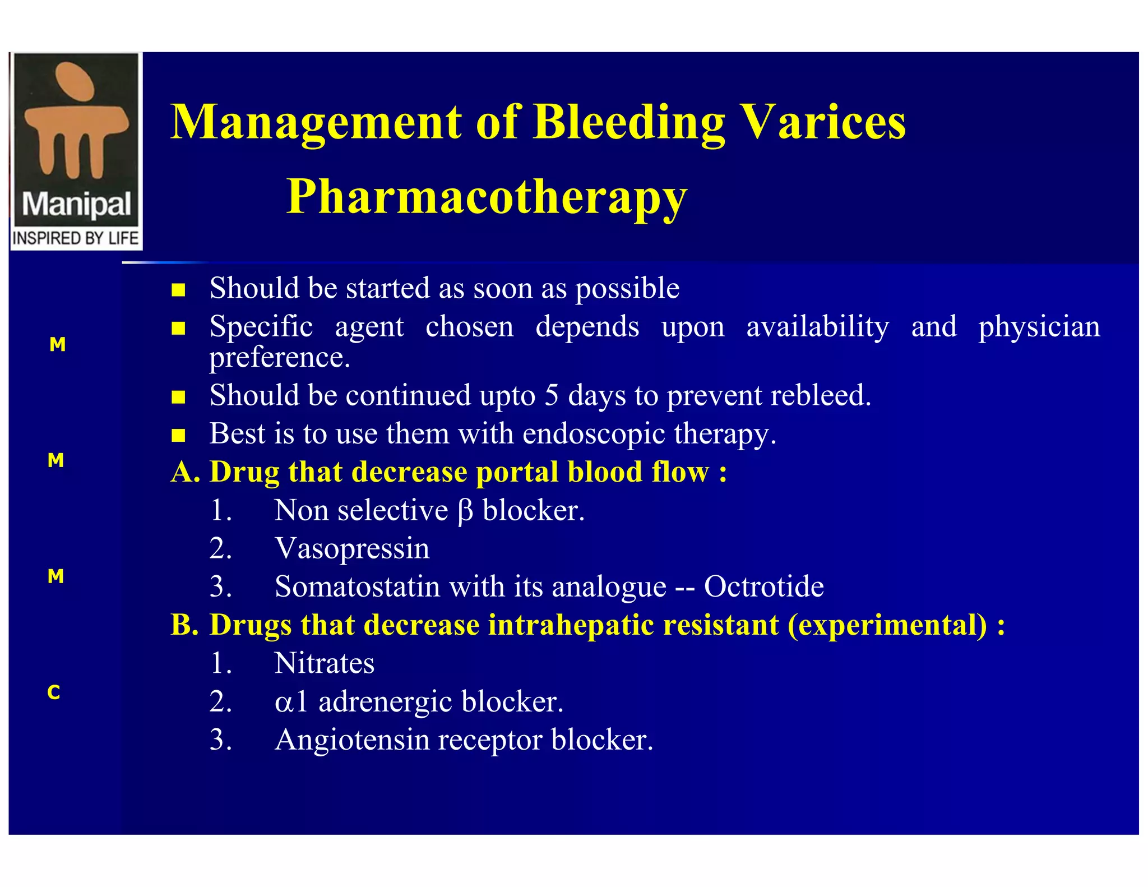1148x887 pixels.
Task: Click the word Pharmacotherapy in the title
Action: point(487,197)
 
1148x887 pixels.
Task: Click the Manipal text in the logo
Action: point(76,205)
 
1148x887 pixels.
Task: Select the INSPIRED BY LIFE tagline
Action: point(76,238)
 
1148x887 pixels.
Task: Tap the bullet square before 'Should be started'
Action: point(178,290)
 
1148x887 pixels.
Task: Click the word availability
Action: point(817,327)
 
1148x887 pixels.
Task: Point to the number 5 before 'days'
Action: point(552,395)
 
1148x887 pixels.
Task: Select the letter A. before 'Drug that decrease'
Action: point(186,472)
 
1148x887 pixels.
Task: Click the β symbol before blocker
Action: point(465,511)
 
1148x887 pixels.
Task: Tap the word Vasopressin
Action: point(352,548)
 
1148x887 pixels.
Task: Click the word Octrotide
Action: point(763,587)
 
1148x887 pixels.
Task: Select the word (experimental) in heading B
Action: point(887,625)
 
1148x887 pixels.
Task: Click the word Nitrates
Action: point(324,663)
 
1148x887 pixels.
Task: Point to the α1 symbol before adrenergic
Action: point(291,702)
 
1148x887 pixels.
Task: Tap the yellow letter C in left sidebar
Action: point(54,692)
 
